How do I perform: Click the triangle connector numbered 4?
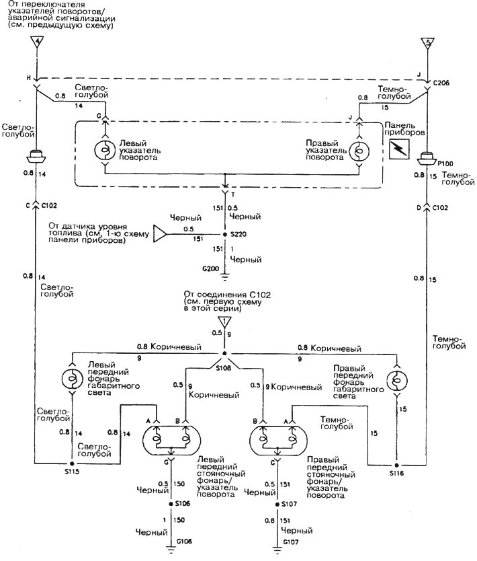coord(37,41)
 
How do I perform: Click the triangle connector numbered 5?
coord(428,42)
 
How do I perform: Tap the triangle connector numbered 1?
coord(224,322)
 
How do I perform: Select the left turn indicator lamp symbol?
coord(105,150)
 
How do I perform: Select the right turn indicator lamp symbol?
coord(359,151)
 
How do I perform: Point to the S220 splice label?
coord(238,234)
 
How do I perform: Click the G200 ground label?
coord(210,268)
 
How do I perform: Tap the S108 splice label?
coord(224,367)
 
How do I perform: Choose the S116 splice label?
coord(396,473)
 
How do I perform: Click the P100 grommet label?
coord(445,163)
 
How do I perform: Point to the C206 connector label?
coord(441,83)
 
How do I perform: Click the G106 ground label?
coord(184,541)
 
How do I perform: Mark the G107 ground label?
coord(290,542)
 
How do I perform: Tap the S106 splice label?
coord(182,503)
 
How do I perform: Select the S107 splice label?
coord(289,504)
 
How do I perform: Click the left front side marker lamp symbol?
coord(73,379)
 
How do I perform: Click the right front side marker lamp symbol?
coord(397,380)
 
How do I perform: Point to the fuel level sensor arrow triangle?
coord(160,234)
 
